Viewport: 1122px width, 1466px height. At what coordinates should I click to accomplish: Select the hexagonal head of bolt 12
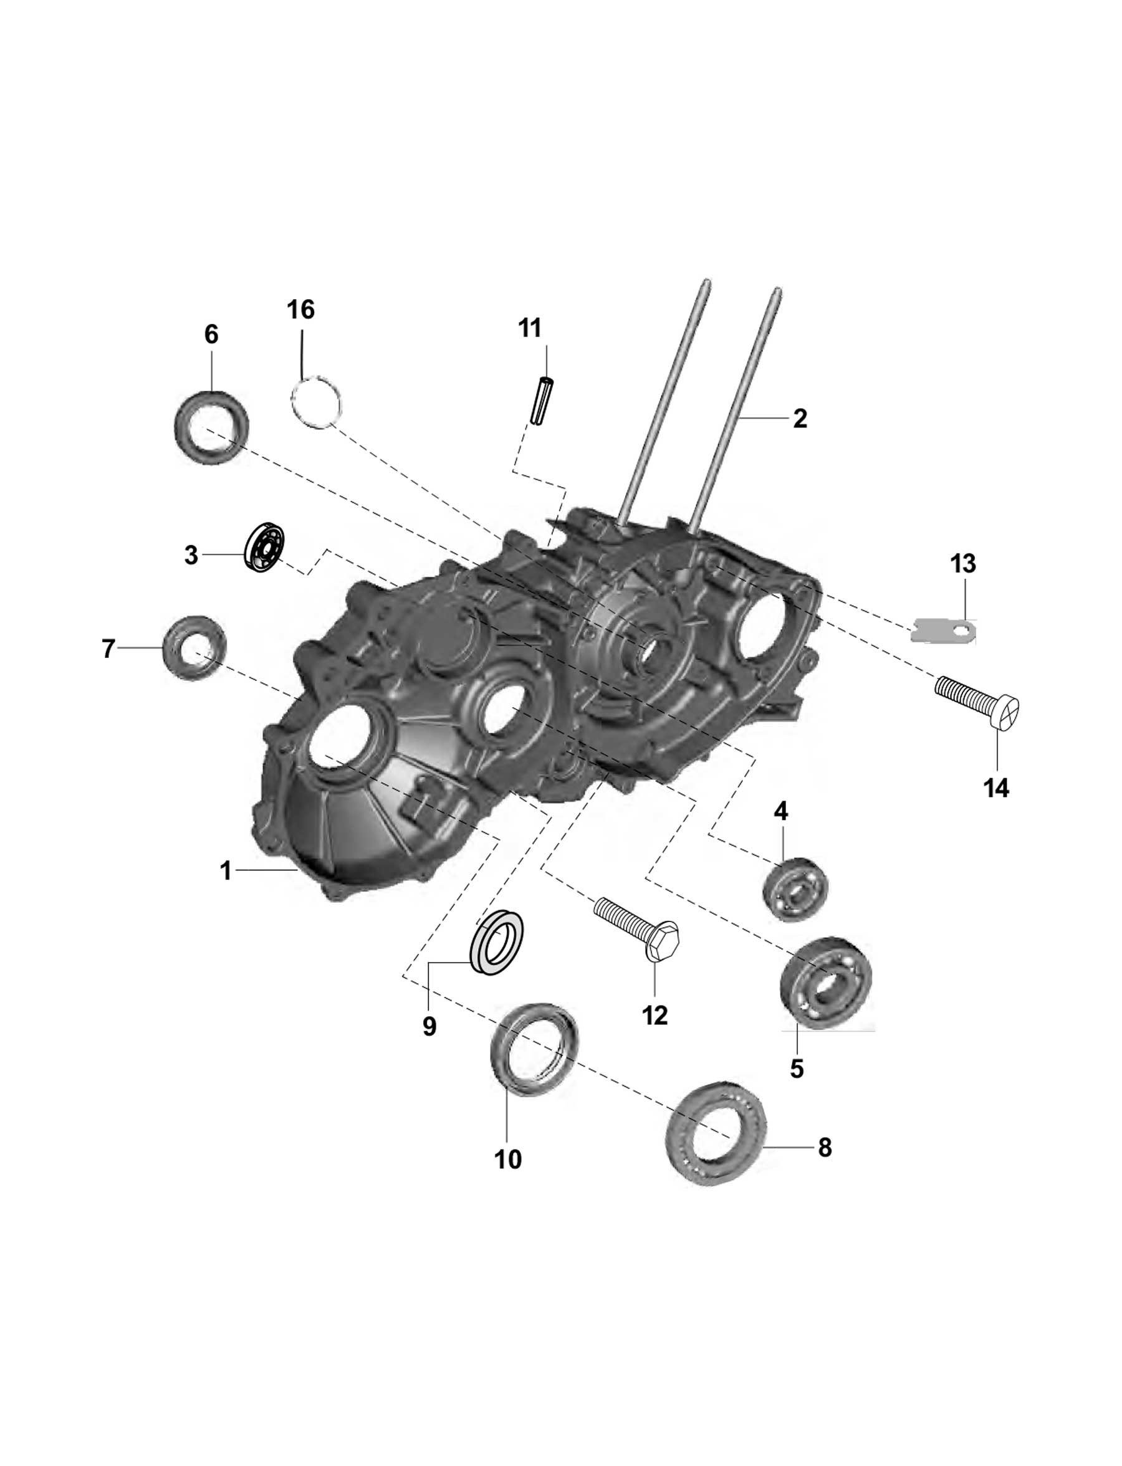663,940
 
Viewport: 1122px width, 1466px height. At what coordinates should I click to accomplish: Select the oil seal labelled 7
194,647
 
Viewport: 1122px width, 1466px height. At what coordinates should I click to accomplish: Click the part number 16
300,310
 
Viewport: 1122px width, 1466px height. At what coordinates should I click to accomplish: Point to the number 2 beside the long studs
800,419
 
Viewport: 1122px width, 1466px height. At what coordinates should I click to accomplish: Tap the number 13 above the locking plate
963,564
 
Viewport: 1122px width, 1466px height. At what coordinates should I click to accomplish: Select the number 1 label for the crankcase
226,870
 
